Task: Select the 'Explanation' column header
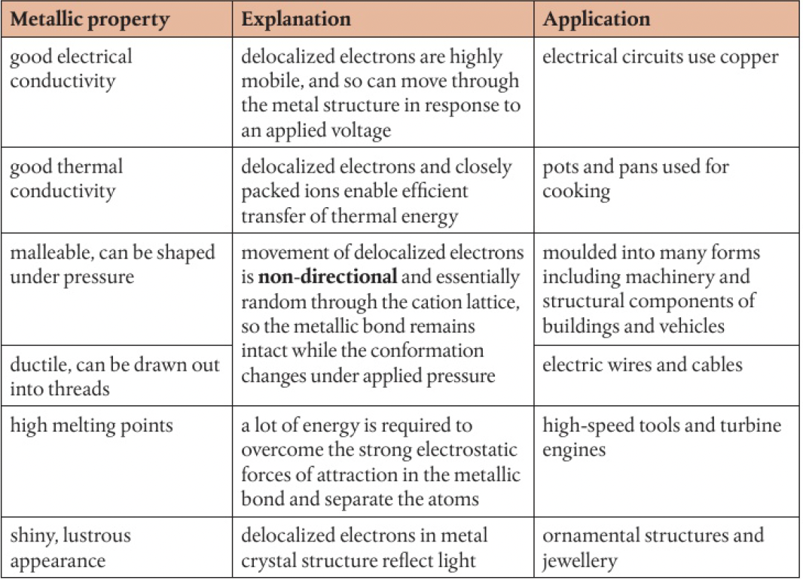click(x=296, y=20)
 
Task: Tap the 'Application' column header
click(x=597, y=20)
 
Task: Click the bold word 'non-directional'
click(x=328, y=276)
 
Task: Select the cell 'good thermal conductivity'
click(x=66, y=179)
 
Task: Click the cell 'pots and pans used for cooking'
click(x=636, y=179)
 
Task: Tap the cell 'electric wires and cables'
click(x=643, y=365)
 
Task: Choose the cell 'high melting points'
click(x=91, y=426)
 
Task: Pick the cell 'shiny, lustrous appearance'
click(x=70, y=548)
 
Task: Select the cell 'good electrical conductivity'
click(x=71, y=69)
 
